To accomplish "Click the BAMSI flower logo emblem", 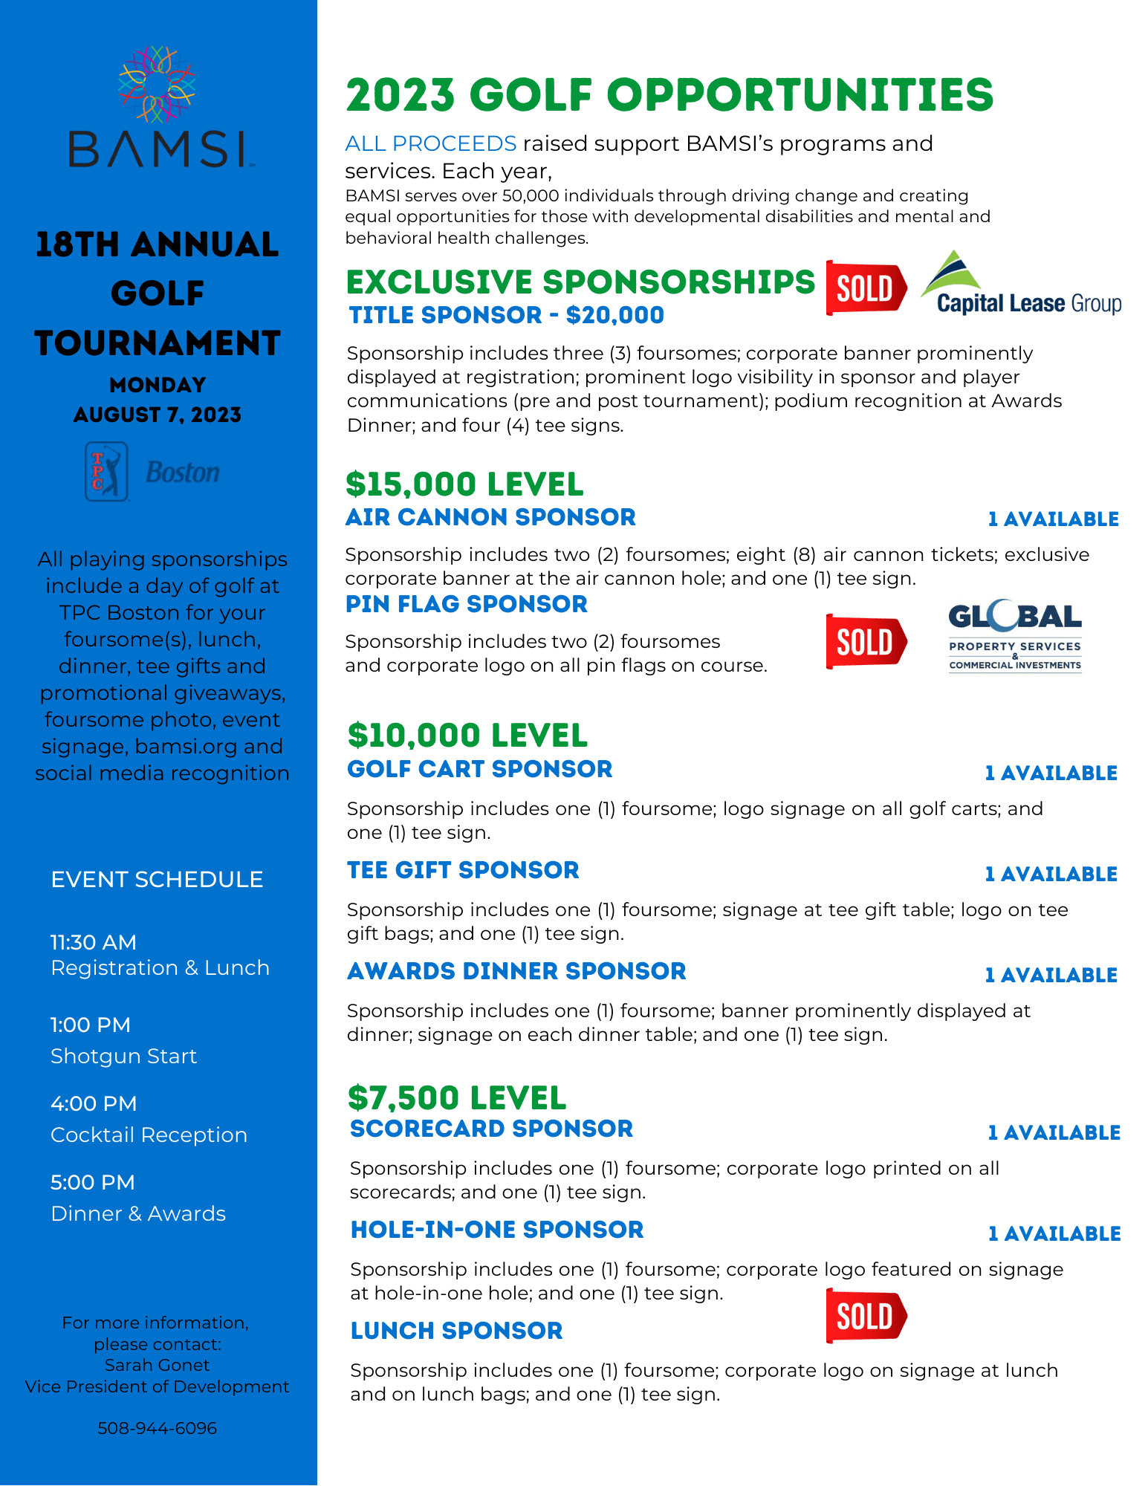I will pos(157,84).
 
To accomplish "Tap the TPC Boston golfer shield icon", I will pos(106,472).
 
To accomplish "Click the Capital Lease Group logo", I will pos(1021,285).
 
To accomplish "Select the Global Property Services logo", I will pos(1015,637).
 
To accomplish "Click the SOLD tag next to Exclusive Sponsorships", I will pos(866,288).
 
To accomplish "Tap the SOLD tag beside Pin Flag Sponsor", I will pos(866,642).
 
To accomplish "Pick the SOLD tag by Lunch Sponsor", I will pos(866,1317).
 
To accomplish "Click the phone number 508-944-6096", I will pos(157,1428).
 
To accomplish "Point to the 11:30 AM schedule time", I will pos(94,942).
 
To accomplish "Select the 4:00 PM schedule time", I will pos(94,1103).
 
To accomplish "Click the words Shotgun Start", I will pos(123,1056).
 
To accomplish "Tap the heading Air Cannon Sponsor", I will pos(490,517).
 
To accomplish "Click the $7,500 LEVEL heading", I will pos(456,1097).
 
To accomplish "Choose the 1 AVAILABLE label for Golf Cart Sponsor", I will pos(1051,773).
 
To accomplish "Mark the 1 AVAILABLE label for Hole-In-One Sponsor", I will pos(1054,1234).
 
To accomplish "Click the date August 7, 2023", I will pos(157,415).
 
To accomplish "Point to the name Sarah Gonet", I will pos(157,1365).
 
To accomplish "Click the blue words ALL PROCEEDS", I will pos(430,143).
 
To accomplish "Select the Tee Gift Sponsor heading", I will pos(463,870).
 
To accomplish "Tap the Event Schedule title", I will pos(157,880).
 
